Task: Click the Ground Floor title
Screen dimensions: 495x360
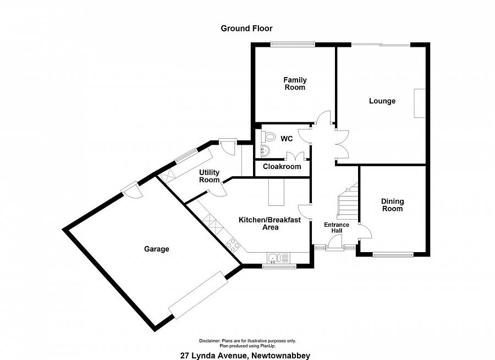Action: [x=246, y=29]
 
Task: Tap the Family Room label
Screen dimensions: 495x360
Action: [x=295, y=84]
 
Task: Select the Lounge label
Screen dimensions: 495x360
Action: [x=382, y=101]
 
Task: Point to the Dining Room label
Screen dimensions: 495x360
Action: [x=392, y=205]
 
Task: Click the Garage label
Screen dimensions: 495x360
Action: [x=157, y=249]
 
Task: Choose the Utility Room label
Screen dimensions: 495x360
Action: [x=210, y=176]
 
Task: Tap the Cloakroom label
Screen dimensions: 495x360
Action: [x=282, y=167]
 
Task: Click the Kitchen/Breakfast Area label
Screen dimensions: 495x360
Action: [x=270, y=223]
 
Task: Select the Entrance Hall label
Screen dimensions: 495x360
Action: [x=337, y=227]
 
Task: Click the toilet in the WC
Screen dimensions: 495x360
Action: [x=268, y=138]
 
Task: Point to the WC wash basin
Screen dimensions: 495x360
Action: [x=265, y=151]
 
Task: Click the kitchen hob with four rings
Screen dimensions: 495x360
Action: [x=233, y=245]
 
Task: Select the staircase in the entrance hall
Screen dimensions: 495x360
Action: [x=348, y=201]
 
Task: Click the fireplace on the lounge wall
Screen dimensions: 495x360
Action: [x=420, y=103]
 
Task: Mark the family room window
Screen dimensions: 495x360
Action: [x=293, y=45]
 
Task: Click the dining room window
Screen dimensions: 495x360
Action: [x=393, y=254]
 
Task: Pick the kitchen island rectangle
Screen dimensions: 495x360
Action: [x=276, y=192]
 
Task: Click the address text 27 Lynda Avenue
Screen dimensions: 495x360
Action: [x=213, y=356]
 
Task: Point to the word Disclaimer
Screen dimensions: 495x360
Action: [x=210, y=341]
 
